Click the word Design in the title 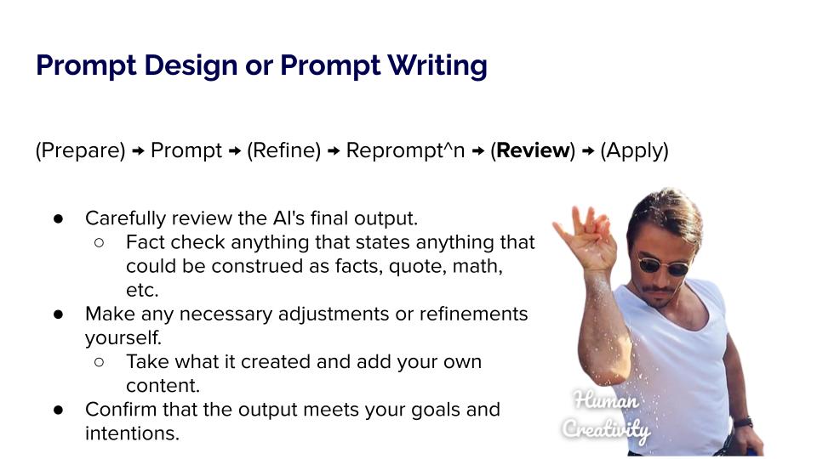[191, 66]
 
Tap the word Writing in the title [437, 66]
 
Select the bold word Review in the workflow [533, 150]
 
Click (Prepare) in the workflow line [80, 151]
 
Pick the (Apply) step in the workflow [634, 151]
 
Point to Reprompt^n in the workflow [405, 151]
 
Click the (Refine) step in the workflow [284, 151]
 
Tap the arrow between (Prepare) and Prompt [138, 151]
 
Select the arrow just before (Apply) [588, 151]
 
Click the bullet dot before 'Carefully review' [58, 218]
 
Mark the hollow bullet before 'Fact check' [99, 242]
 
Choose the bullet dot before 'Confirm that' [58, 410]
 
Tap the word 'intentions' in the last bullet [132, 433]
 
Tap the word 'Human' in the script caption [606, 400]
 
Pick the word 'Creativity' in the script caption [606, 429]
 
